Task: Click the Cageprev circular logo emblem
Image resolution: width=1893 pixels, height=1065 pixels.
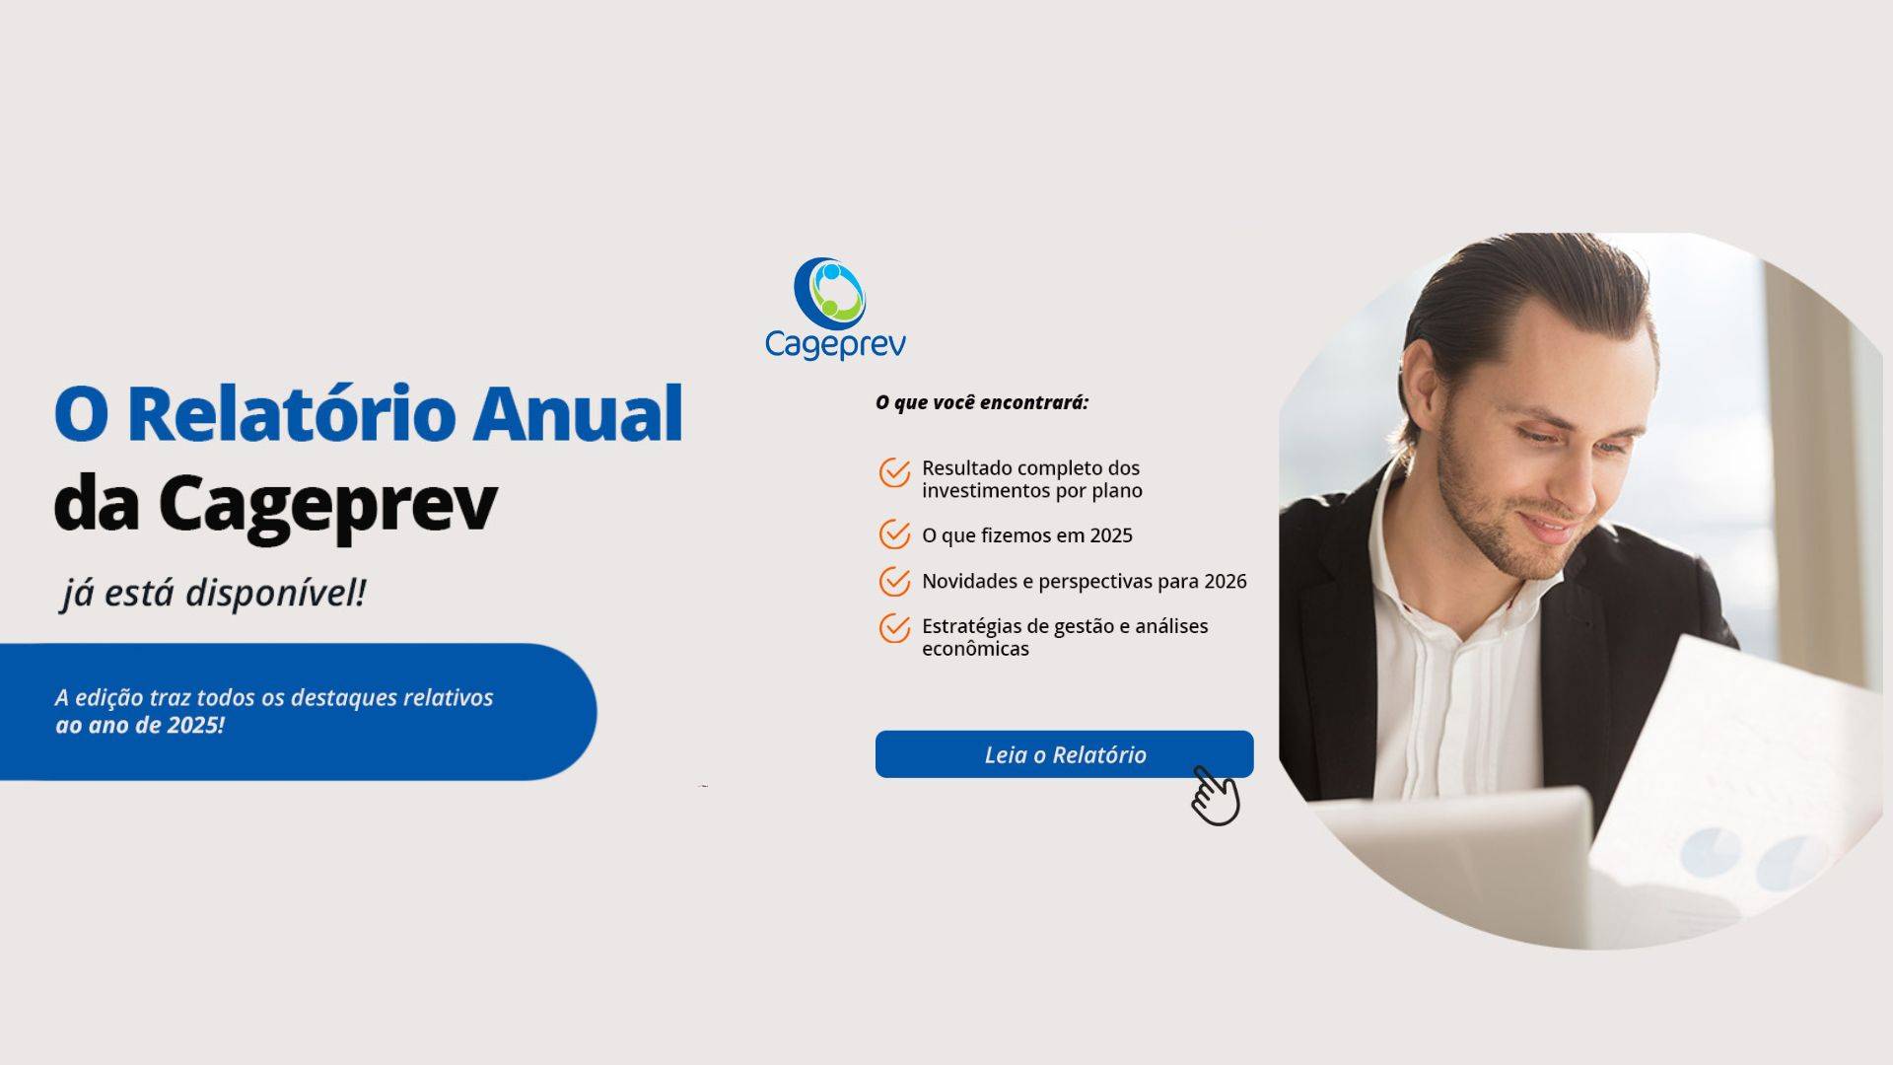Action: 829,292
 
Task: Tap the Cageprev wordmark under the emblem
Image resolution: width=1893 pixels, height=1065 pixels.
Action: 835,345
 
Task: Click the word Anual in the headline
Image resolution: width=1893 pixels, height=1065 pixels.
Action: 578,414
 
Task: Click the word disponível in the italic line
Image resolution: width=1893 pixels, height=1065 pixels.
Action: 276,594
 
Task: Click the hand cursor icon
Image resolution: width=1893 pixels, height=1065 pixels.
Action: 1216,795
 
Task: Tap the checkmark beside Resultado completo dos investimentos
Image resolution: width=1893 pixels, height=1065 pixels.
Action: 894,472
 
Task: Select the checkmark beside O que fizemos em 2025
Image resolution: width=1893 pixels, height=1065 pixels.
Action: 894,534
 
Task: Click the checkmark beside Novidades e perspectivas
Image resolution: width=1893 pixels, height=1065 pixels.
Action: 894,581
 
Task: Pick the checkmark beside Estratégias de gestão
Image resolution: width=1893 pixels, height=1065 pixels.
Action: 894,627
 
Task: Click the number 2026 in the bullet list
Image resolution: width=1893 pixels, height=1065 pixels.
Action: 1226,582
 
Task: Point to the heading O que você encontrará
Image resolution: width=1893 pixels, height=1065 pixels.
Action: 982,402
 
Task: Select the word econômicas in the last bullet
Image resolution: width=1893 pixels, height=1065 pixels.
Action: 975,650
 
